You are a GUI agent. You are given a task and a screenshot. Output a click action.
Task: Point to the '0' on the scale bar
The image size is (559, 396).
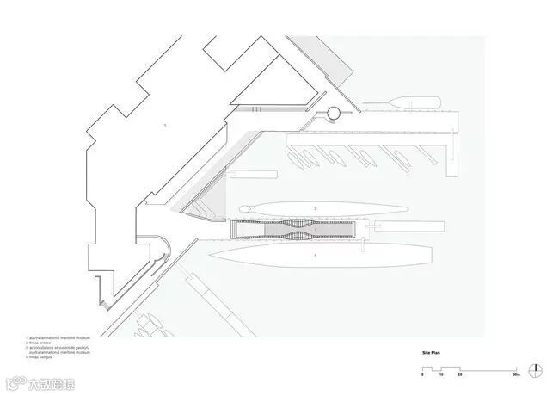click(422, 377)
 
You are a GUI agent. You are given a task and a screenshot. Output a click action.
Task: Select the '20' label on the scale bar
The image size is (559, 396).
click(461, 377)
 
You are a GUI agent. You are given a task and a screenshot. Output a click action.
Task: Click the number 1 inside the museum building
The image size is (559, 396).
click(165, 127)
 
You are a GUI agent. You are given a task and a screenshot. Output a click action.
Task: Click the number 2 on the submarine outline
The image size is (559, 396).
click(316, 208)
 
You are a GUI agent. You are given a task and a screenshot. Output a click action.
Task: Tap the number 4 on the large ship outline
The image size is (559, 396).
click(316, 255)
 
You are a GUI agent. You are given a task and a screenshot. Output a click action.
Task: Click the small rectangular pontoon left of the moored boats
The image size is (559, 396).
click(252, 172)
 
